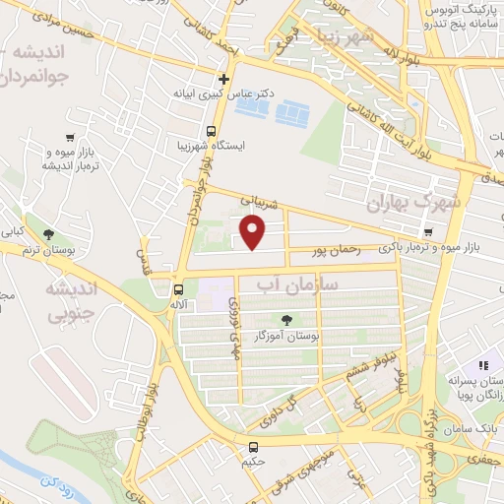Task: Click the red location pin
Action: coord(253,232)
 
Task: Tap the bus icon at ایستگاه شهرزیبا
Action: coord(211,131)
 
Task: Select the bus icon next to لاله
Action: coord(178,289)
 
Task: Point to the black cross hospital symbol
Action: coord(224,79)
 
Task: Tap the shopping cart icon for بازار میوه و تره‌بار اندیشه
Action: coord(69,138)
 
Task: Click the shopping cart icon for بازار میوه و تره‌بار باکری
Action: coord(427,232)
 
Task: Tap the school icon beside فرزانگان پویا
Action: coord(485,365)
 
